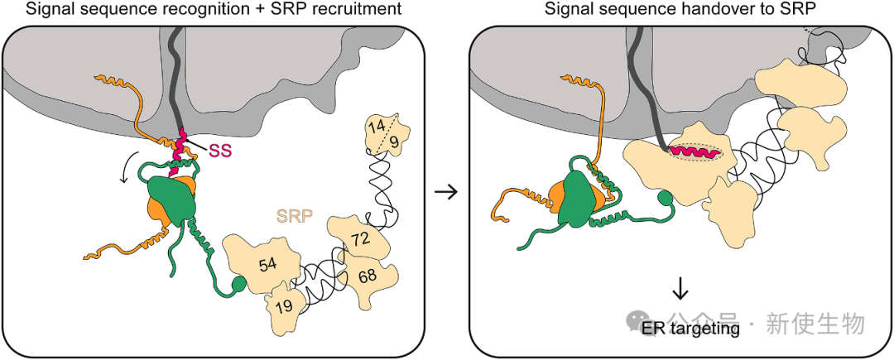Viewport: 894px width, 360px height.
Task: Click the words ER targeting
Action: tap(690, 329)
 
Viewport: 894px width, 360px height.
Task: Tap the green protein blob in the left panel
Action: tap(171, 200)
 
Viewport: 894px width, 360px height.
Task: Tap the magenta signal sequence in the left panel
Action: tap(176, 151)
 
